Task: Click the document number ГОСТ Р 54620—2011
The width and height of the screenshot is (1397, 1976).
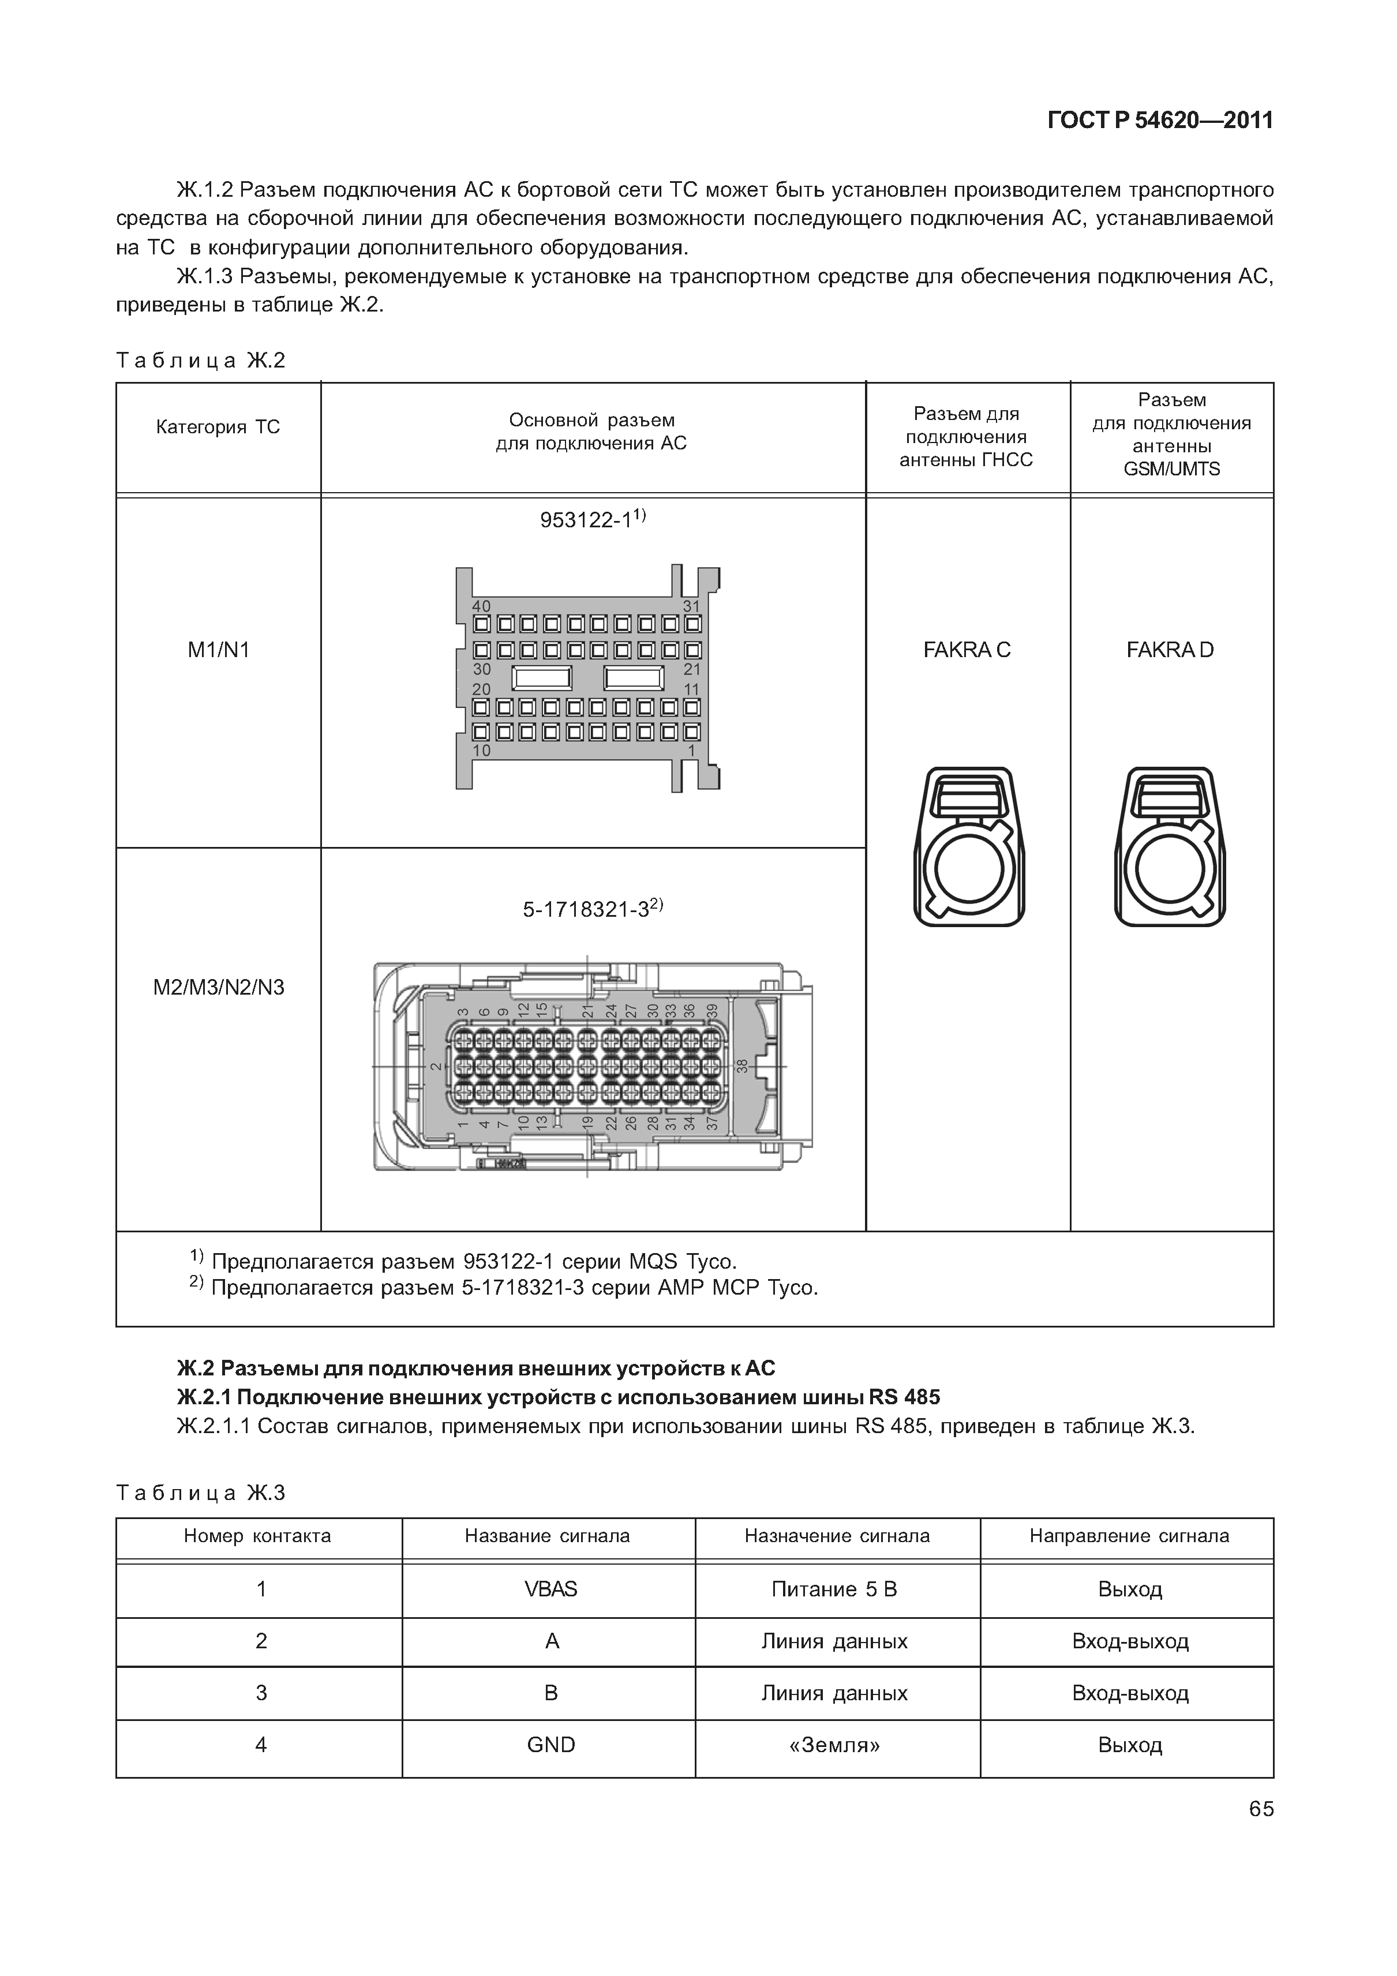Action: [x=1159, y=121]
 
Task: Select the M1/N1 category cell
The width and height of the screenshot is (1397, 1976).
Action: [x=219, y=650]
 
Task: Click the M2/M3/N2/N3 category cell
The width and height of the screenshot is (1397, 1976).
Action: [x=219, y=987]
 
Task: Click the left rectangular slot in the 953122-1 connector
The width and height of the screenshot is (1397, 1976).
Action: [x=541, y=678]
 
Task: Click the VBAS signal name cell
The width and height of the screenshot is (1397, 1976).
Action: [x=551, y=1589]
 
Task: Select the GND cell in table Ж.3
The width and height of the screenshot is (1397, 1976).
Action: [x=551, y=1745]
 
